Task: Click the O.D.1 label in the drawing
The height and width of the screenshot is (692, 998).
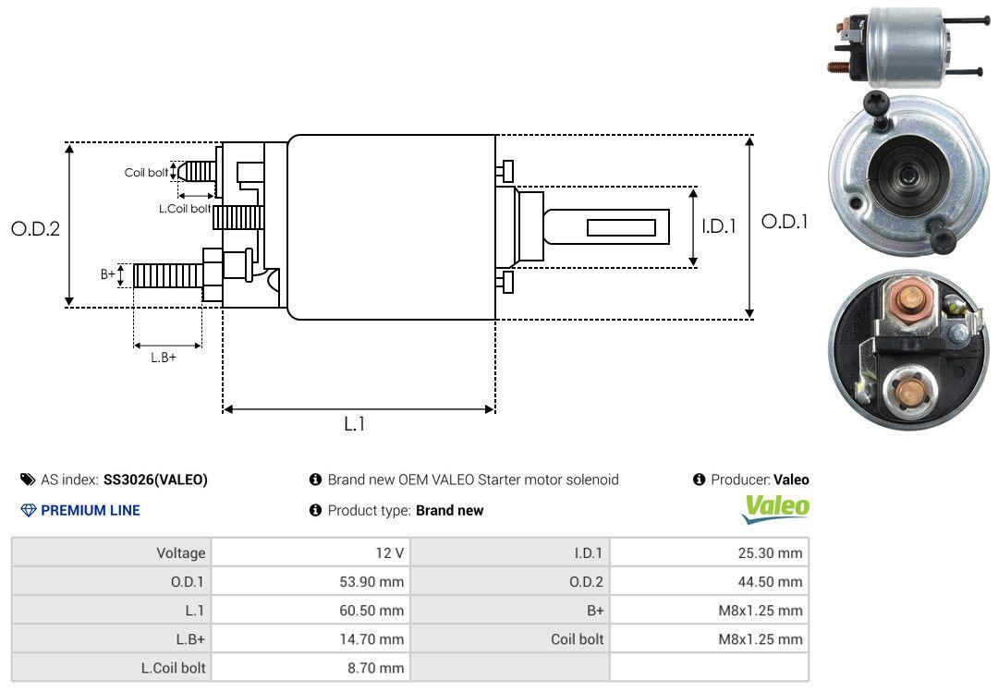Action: [x=785, y=222]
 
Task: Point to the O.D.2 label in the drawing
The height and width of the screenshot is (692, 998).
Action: [x=35, y=228]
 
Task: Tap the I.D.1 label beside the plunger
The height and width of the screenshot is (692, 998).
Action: [x=718, y=225]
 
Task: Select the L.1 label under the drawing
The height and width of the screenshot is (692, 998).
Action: [x=355, y=424]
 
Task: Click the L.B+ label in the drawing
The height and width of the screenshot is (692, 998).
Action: [x=164, y=358]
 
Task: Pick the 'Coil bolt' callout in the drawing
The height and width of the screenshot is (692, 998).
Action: [x=146, y=173]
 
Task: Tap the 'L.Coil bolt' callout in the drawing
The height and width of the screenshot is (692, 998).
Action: [x=184, y=209]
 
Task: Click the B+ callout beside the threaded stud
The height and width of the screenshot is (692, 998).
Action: [x=108, y=274]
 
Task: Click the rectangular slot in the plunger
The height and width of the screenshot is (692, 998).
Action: [x=621, y=227]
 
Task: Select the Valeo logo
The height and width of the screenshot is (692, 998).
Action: [x=776, y=507]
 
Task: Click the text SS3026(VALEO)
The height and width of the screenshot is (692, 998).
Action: [x=155, y=480]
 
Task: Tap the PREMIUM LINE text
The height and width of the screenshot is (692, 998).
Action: [x=91, y=510]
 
